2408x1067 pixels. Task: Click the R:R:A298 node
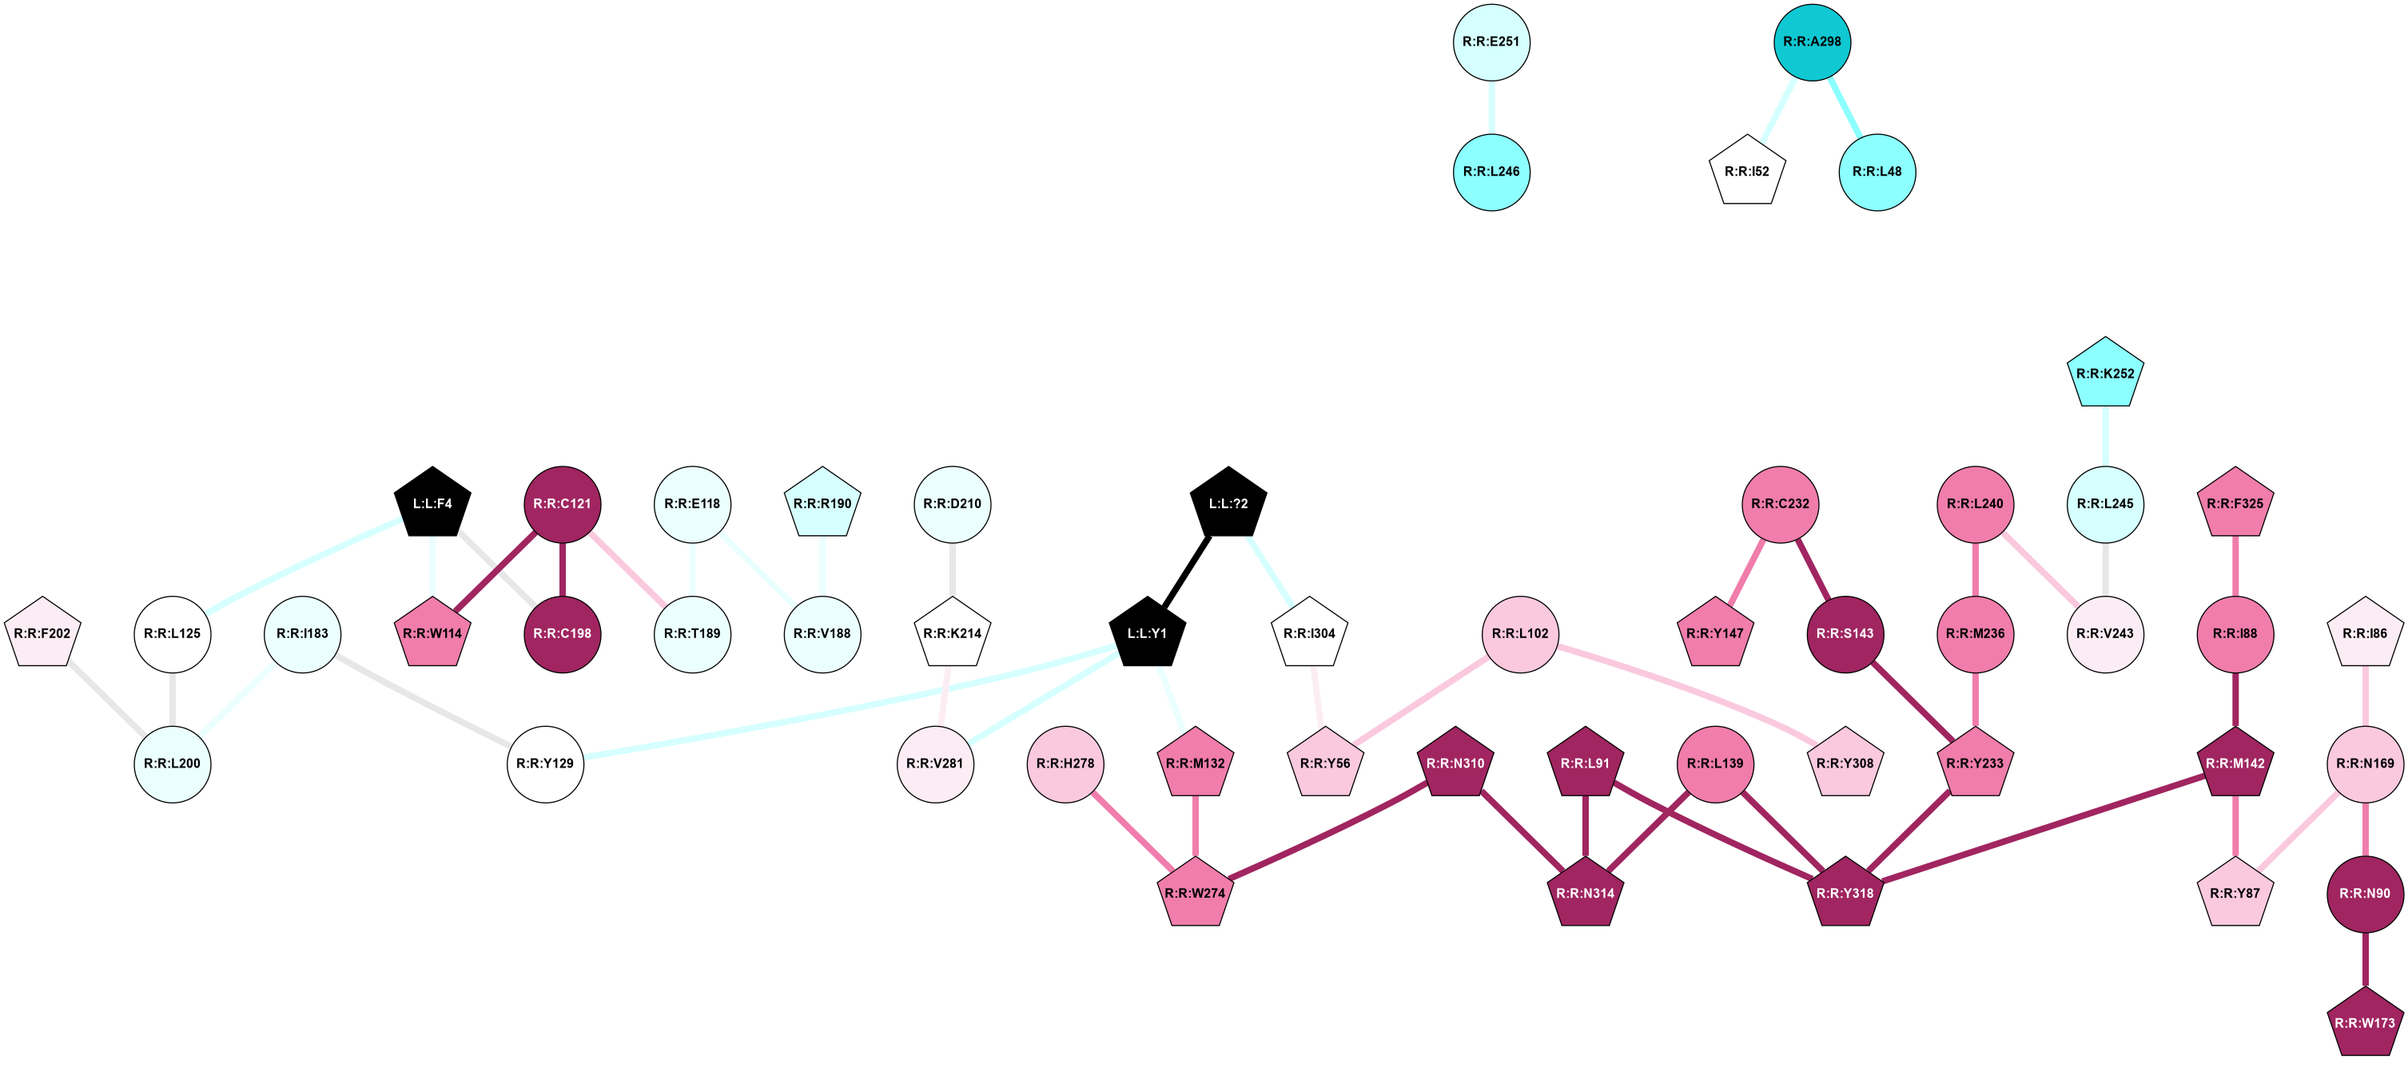tap(1812, 42)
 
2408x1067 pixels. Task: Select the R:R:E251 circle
tap(1491, 42)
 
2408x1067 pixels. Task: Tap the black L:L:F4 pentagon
tap(432, 504)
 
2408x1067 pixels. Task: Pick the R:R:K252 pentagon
tap(2104, 374)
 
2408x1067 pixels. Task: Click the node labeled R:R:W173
tap(2364, 1023)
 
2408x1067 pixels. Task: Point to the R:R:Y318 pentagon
tap(1845, 893)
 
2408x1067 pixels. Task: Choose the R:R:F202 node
tap(42, 633)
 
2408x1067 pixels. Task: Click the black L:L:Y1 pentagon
tap(1147, 633)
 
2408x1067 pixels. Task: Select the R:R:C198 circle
tap(562, 633)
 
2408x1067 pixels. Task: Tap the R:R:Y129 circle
tap(545, 764)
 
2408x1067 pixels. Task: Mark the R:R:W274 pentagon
tap(1196, 893)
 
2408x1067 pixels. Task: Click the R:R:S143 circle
tap(1845, 633)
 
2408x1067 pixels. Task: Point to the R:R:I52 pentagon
tap(1746, 172)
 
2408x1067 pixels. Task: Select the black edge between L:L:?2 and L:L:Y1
tap(1187, 568)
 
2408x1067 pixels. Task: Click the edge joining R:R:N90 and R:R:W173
tap(2364, 958)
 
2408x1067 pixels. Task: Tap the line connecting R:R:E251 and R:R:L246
tap(1491, 106)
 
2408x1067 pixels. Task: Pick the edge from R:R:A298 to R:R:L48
tap(1845, 106)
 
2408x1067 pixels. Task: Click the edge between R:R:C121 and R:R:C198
tap(562, 568)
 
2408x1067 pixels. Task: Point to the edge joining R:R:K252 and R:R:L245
tap(2104, 438)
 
